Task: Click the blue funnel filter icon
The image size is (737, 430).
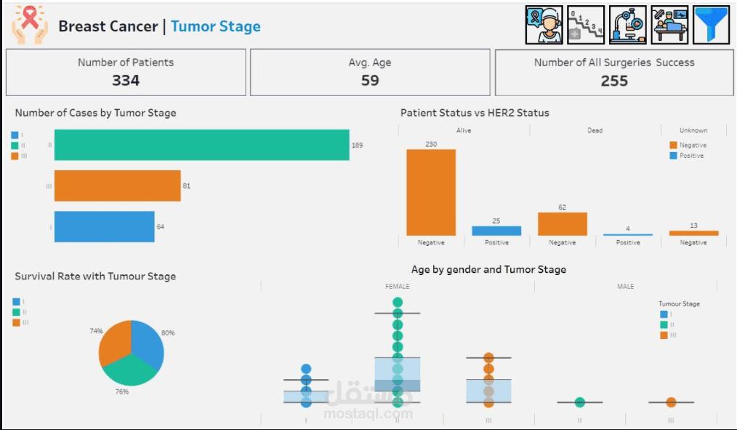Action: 711,25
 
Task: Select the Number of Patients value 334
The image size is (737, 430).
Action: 126,81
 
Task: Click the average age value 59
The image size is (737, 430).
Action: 370,81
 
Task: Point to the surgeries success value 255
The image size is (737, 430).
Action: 614,81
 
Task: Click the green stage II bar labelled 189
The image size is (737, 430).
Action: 201,145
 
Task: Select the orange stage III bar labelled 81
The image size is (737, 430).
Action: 117,186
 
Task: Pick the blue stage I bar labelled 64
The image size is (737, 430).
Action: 104,226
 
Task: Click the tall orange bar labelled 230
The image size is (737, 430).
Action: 431,192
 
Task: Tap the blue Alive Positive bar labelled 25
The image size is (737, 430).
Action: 496,231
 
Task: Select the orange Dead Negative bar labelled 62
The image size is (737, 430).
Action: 563,224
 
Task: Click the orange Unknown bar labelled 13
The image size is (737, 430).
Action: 693,233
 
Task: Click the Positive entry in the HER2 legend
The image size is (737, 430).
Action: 690,156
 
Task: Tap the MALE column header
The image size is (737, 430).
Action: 625,287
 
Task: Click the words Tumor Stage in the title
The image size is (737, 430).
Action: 216,27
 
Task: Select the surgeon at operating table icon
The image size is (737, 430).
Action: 669,25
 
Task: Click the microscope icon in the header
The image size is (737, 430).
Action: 627,25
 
